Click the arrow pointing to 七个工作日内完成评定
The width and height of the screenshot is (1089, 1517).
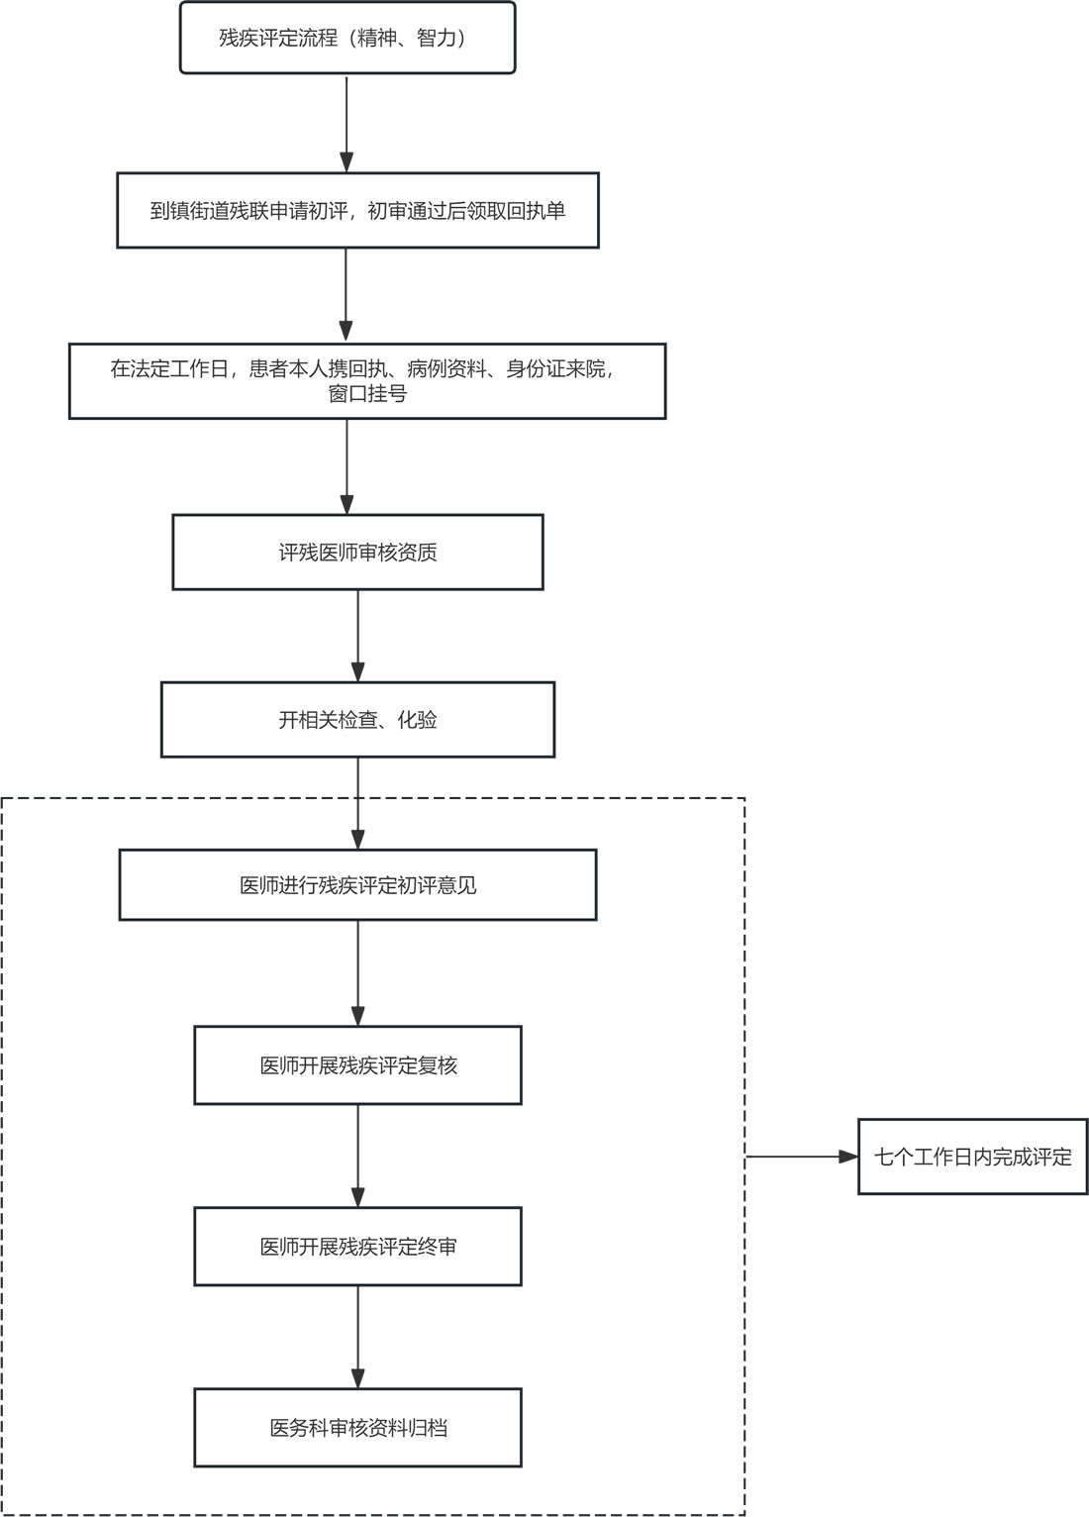[x=802, y=1157]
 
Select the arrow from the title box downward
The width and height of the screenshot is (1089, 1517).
[x=346, y=124]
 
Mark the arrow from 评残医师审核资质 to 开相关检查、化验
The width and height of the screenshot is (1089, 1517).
[x=358, y=636]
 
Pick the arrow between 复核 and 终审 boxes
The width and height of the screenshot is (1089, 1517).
[x=358, y=1156]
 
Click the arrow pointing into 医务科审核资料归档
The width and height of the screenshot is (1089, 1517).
[x=358, y=1338]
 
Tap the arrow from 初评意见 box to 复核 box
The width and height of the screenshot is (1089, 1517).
[x=358, y=973]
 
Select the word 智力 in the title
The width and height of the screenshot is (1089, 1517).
[x=437, y=38]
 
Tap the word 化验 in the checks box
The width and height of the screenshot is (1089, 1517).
[x=417, y=719]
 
